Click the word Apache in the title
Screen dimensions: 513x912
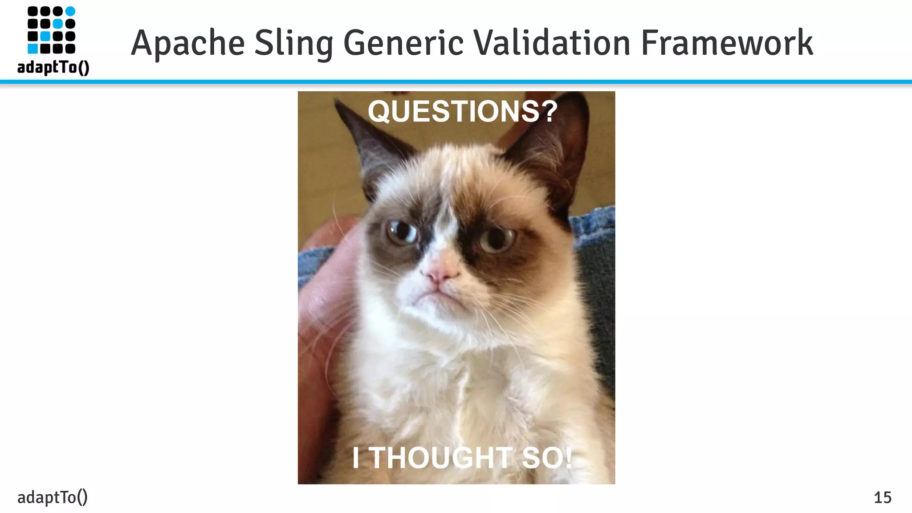[187, 43]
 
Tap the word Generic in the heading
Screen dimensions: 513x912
[403, 43]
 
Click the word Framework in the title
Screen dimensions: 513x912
[727, 43]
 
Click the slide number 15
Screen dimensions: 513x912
[882, 497]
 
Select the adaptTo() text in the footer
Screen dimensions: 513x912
[53, 497]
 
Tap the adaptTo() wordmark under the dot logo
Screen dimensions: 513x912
[53, 67]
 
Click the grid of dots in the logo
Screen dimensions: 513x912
[51, 30]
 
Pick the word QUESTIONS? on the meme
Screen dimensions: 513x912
[463, 111]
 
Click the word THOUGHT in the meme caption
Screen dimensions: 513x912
[441, 458]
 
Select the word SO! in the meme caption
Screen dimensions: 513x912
[547, 458]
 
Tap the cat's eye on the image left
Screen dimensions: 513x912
[401, 232]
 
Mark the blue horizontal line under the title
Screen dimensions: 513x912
[456, 82]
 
